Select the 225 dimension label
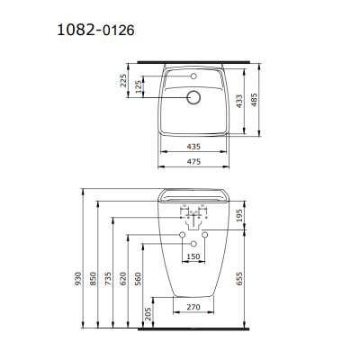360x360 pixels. point(122,84)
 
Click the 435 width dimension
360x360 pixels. point(193,144)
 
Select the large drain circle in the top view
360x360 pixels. point(193,96)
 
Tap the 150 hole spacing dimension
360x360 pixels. point(193,256)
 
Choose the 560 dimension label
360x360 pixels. point(138,280)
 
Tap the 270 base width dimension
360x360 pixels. point(193,307)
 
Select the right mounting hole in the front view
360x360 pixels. point(204,236)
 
